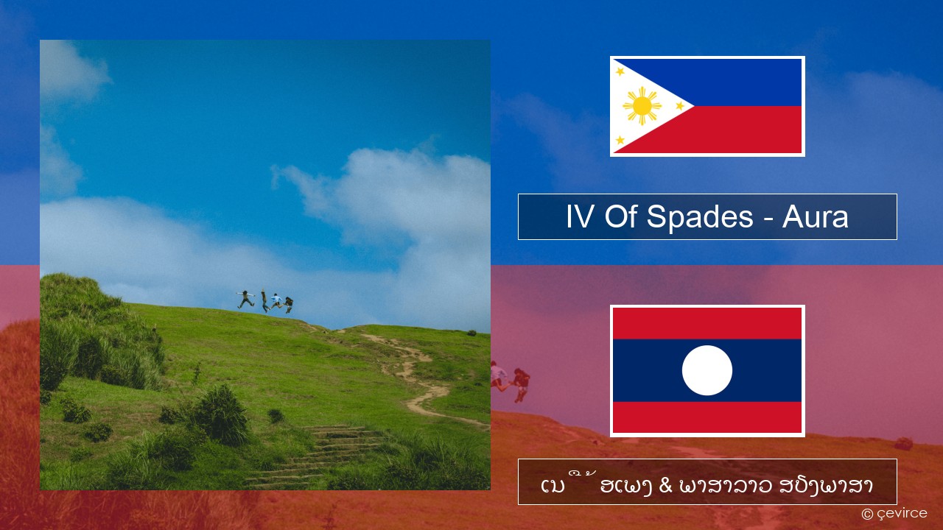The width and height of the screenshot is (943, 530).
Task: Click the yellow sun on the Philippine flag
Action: [642, 106]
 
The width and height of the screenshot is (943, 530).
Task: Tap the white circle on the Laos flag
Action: [707, 370]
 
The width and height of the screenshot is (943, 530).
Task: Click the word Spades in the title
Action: [700, 216]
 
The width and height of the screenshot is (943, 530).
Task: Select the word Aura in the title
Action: [815, 217]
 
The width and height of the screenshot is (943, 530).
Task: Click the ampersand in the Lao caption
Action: [665, 486]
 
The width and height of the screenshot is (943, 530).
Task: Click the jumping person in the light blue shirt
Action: [276, 301]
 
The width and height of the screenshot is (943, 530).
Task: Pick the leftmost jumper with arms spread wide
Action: [245, 299]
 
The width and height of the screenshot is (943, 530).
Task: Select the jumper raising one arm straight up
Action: [264, 301]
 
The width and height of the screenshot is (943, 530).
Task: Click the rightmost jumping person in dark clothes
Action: [288, 305]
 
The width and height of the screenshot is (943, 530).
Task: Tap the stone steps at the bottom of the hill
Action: [320, 455]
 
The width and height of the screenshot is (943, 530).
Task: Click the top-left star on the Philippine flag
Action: [620, 71]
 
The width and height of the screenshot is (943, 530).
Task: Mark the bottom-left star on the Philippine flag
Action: [620, 140]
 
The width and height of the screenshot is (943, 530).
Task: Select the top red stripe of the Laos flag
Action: [707, 323]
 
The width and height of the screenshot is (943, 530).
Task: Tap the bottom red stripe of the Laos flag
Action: [707, 417]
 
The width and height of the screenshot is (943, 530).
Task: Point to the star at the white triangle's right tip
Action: [680, 106]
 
